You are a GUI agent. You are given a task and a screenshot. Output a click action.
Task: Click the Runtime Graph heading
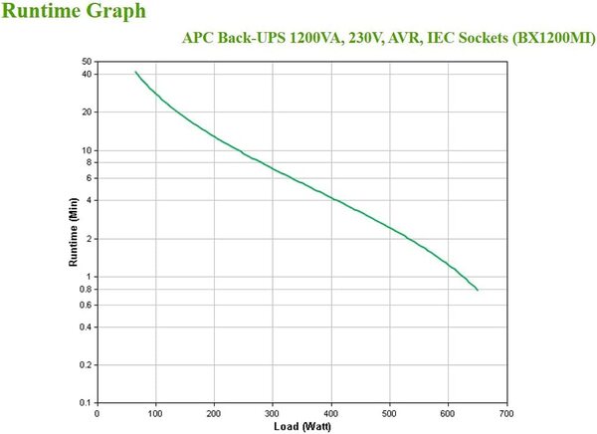pyautogui.click(x=75, y=12)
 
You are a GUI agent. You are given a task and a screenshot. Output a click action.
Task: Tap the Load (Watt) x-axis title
pyautogui.click(x=302, y=426)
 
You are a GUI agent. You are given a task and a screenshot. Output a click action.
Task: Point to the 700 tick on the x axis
pyautogui.click(x=506, y=412)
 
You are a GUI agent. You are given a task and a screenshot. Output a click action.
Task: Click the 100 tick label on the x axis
pyautogui.click(x=156, y=412)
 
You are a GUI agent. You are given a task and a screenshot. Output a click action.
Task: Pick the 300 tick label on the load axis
pyautogui.click(x=273, y=412)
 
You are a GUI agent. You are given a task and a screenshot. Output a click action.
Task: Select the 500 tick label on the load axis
pyautogui.click(x=389, y=412)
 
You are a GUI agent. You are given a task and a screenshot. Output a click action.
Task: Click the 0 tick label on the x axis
pyautogui.click(x=98, y=412)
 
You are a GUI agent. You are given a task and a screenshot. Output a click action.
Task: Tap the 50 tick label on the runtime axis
pyautogui.click(x=86, y=62)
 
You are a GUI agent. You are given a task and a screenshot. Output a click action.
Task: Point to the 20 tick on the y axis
pyautogui.click(x=86, y=112)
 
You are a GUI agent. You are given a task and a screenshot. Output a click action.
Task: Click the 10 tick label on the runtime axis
pyautogui.click(x=86, y=150)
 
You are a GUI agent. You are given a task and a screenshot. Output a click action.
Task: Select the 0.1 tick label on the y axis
pyautogui.click(x=85, y=402)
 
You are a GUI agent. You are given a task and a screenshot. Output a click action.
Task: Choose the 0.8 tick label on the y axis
pyautogui.click(x=85, y=289)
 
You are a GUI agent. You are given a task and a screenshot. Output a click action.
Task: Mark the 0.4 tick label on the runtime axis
pyautogui.click(x=85, y=326)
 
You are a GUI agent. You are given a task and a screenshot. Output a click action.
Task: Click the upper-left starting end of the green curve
pyautogui.click(x=135, y=72)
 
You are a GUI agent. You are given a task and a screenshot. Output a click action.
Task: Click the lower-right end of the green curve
pyautogui.click(x=478, y=290)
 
